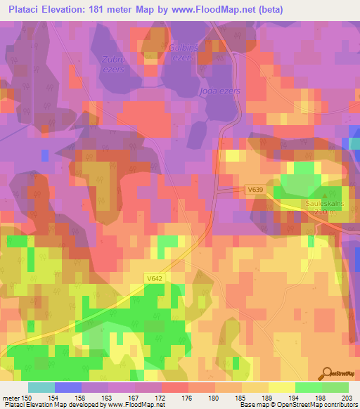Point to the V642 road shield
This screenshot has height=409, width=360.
[x=155, y=279]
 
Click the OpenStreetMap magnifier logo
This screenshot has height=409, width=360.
[x=326, y=373]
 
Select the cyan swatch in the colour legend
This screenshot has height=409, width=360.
[x=41, y=387]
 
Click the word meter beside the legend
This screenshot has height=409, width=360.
[x=11, y=398]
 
